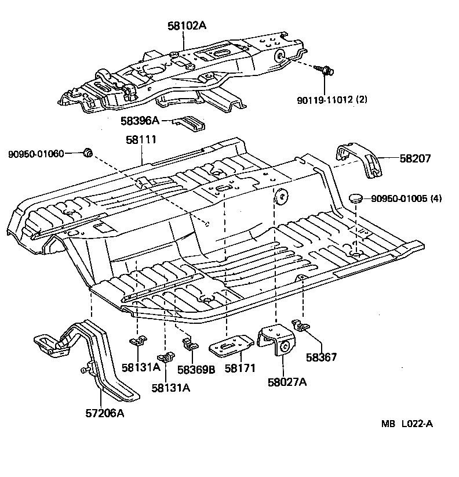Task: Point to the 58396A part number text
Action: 140,121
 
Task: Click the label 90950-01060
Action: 36,154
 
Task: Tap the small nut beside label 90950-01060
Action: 88,153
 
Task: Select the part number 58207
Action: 415,158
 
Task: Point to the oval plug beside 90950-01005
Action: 355,198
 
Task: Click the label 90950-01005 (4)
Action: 406,198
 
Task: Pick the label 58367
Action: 322,357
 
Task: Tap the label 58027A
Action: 287,382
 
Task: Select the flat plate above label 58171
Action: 230,346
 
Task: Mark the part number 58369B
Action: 196,369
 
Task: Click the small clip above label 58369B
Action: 188,345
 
